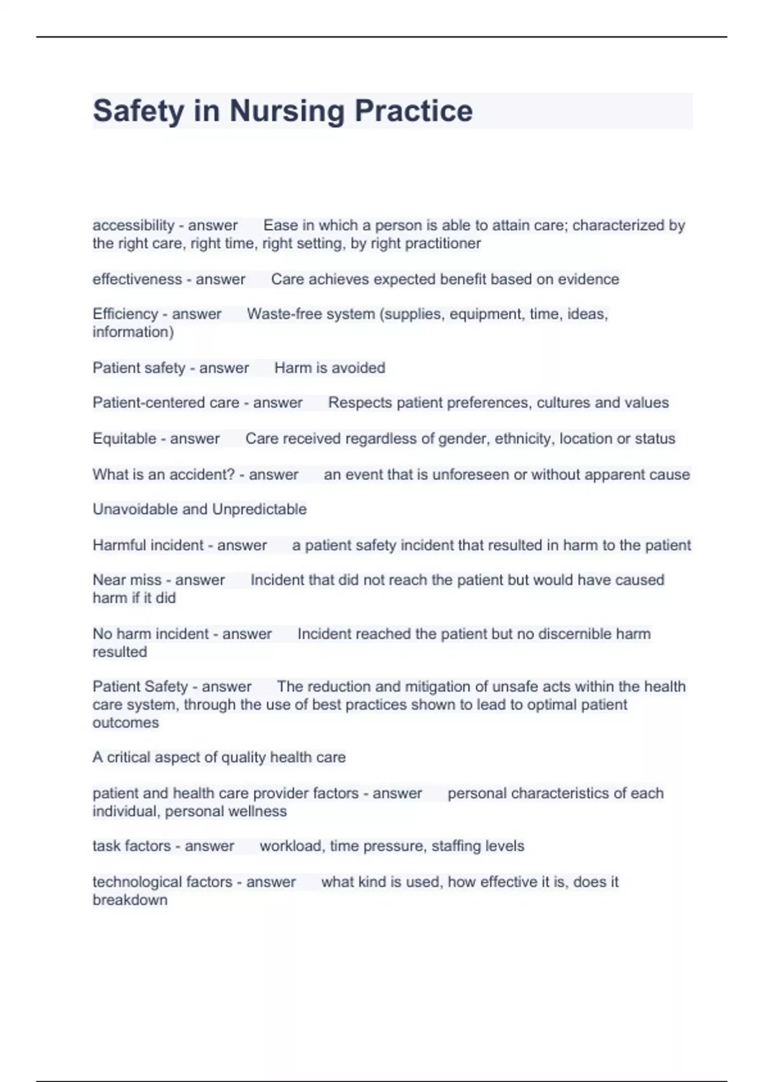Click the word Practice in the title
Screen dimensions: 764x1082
[x=413, y=111]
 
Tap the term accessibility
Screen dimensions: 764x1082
[x=133, y=225]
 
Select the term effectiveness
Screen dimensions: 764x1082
[x=137, y=279]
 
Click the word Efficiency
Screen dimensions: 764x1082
[x=125, y=314]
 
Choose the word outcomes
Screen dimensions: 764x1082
[x=125, y=723]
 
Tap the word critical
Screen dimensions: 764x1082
[x=127, y=757]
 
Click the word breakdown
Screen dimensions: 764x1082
[x=130, y=900]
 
